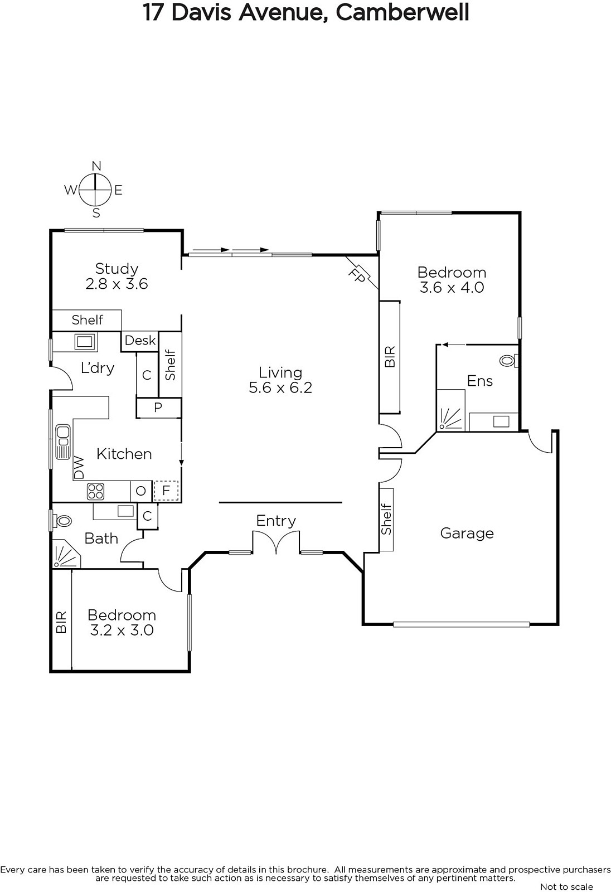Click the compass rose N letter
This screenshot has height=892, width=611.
(96, 166)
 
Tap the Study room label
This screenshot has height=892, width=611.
(117, 268)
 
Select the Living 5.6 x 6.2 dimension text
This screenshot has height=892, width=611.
(280, 387)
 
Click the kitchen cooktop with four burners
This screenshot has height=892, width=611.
(95, 491)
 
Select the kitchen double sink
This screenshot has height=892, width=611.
(63, 442)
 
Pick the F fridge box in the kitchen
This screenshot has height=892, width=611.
(166, 491)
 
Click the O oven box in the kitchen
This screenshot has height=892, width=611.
(141, 491)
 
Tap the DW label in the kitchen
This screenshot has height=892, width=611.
(79, 468)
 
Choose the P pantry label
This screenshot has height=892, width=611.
(158, 408)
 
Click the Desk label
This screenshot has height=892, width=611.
(140, 341)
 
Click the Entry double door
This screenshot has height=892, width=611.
(276, 542)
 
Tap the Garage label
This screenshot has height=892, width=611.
(467, 534)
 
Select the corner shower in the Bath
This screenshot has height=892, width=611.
(66, 554)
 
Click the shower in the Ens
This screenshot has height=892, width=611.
(451, 410)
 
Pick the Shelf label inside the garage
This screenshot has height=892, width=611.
(386, 519)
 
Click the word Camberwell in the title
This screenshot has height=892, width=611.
(403, 12)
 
